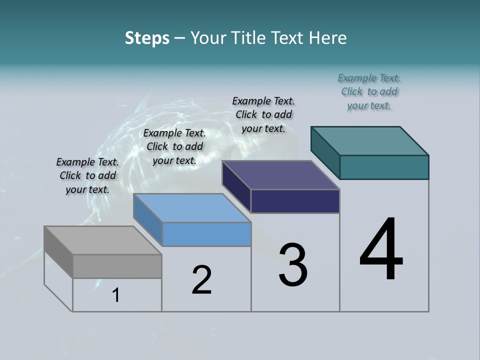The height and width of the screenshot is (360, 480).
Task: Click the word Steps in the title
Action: click(x=147, y=38)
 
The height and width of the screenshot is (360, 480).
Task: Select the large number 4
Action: click(x=381, y=250)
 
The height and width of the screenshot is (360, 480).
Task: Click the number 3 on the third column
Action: click(x=293, y=265)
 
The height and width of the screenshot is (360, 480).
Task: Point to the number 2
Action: click(x=201, y=280)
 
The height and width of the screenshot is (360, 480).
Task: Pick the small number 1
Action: click(x=116, y=295)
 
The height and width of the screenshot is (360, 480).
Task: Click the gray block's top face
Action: click(x=102, y=240)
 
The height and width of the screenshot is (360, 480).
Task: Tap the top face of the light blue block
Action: click(x=192, y=208)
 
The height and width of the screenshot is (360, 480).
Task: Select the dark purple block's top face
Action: click(x=280, y=175)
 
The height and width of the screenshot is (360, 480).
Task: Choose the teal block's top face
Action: click(x=369, y=141)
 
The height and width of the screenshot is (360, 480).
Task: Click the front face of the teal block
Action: click(x=384, y=167)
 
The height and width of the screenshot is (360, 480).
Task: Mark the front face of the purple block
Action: click(x=295, y=201)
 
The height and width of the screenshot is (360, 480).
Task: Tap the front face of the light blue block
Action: click(x=206, y=234)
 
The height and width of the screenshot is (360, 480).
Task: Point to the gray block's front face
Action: click(x=117, y=266)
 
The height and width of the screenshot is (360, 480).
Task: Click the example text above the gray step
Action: click(x=87, y=175)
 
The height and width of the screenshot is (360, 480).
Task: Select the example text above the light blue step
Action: click(x=174, y=146)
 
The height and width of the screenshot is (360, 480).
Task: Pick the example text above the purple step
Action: click(x=263, y=114)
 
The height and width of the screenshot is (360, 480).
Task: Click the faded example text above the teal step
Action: click(x=369, y=91)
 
